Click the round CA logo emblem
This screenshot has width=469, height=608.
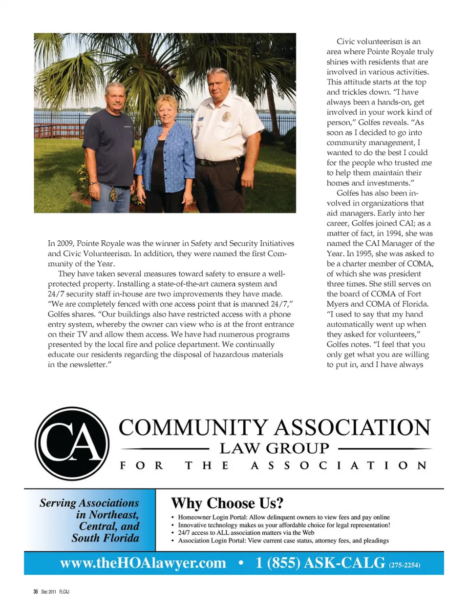tap(72, 443)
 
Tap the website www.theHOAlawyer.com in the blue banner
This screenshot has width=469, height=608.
tap(143, 563)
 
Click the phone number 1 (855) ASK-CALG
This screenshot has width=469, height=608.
tap(320, 563)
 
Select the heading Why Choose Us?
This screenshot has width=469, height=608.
tap(227, 503)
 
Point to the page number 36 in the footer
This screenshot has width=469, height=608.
tap(36, 591)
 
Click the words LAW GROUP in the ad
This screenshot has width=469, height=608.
tap(274, 448)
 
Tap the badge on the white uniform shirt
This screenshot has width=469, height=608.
tap(226, 116)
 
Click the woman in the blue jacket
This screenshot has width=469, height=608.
tap(165, 151)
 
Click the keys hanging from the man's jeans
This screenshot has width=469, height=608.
tap(113, 194)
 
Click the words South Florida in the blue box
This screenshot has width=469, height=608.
tap(105, 538)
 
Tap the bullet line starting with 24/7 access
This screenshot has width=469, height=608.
tap(246, 533)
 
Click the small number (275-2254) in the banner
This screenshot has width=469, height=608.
tap(405, 565)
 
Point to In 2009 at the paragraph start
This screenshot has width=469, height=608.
tap(61, 243)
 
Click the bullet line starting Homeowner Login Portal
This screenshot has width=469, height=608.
tap(283, 517)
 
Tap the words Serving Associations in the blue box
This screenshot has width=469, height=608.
tap(89, 503)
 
